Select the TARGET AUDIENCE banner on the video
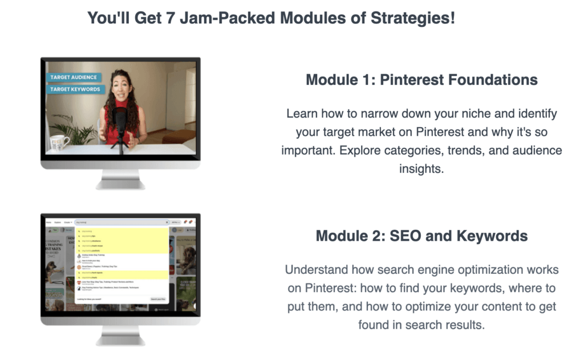point(74,78)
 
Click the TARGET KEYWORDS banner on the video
point(75,89)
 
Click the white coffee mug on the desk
point(59,142)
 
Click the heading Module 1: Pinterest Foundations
point(421,79)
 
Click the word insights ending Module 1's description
point(422,169)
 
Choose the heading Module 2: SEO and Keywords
point(421,236)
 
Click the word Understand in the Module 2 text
point(315,269)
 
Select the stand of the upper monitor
point(120,181)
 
